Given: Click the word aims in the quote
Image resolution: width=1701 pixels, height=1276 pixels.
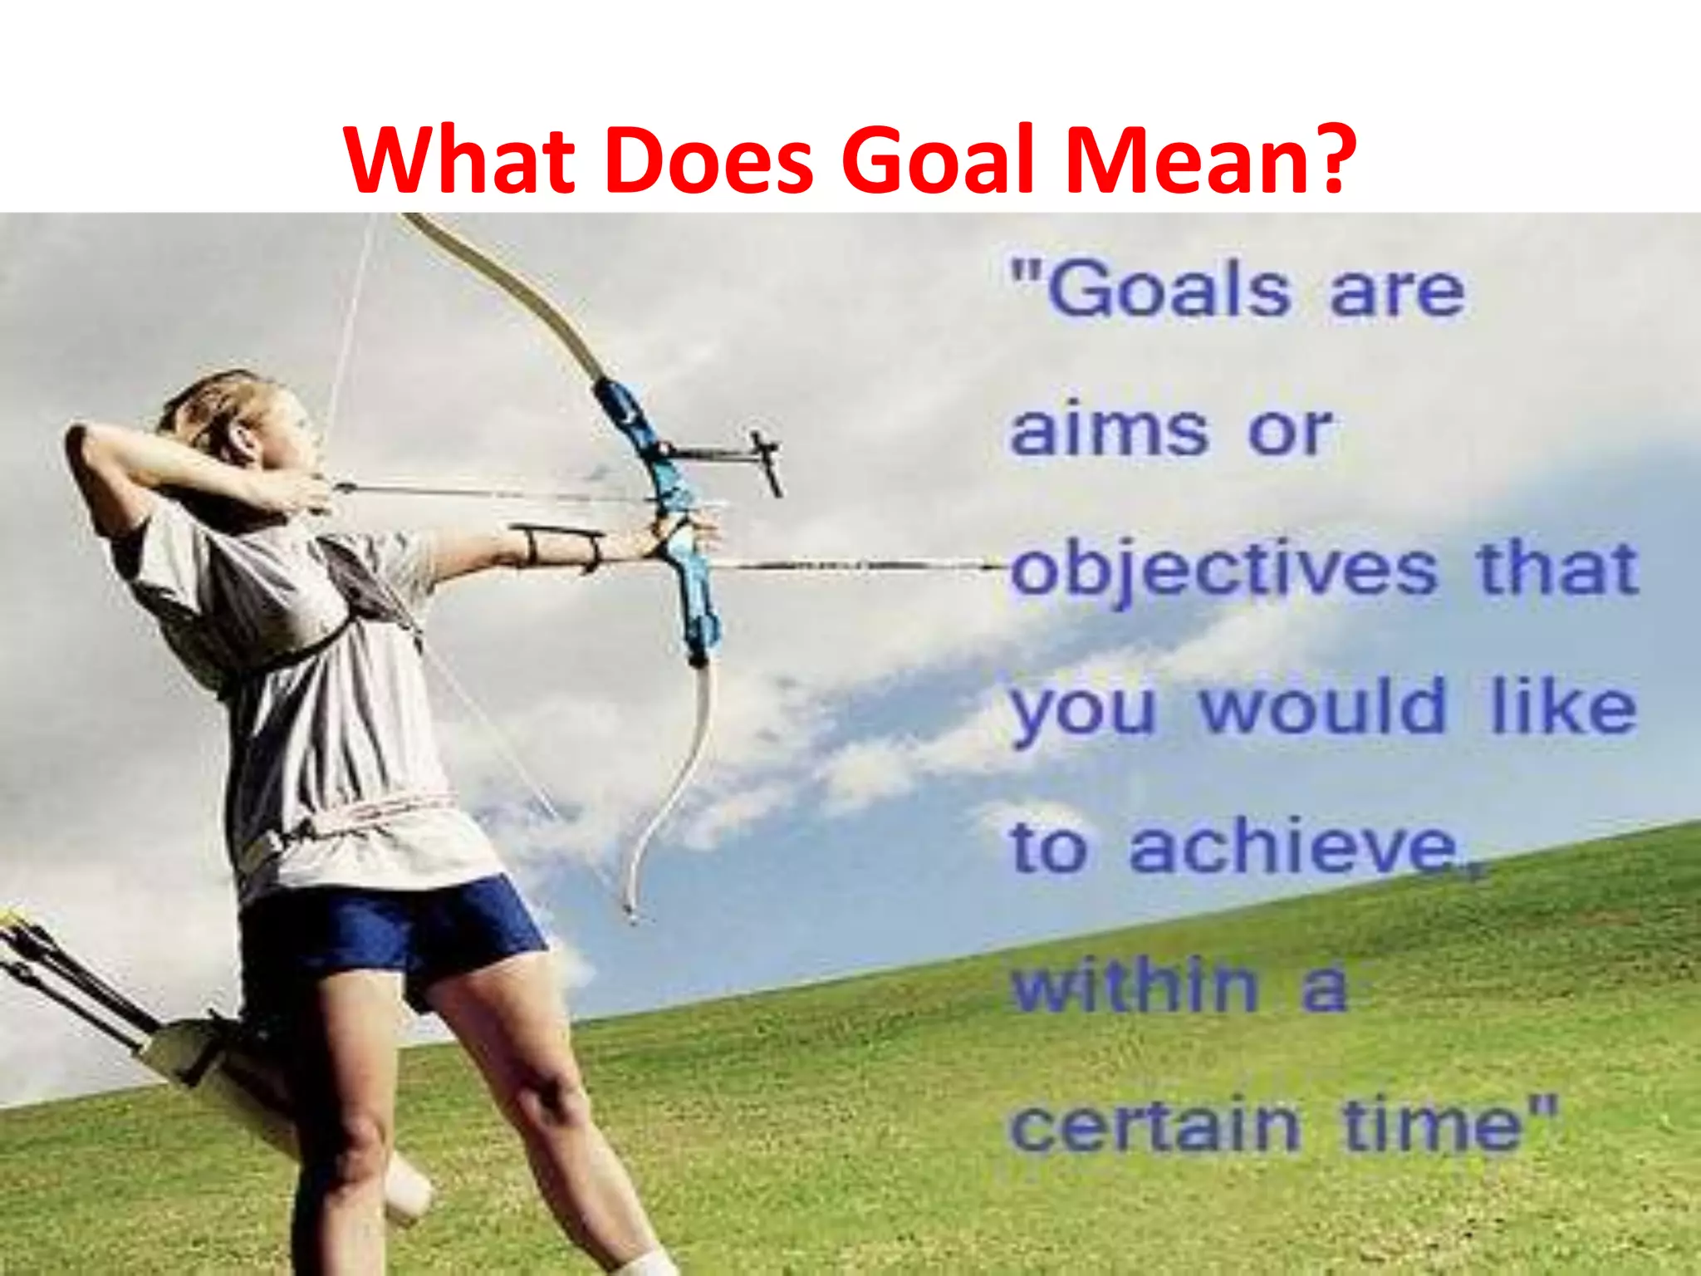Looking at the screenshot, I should tap(1108, 431).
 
